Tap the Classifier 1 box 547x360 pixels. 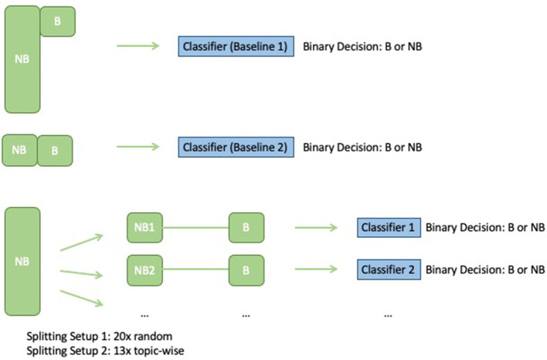389,228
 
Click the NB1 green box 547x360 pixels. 144,228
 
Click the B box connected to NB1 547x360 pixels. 246,228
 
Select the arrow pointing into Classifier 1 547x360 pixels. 318,228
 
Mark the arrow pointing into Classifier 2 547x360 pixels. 318,270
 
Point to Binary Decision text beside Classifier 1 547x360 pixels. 485,228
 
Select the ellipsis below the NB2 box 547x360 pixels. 144,314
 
